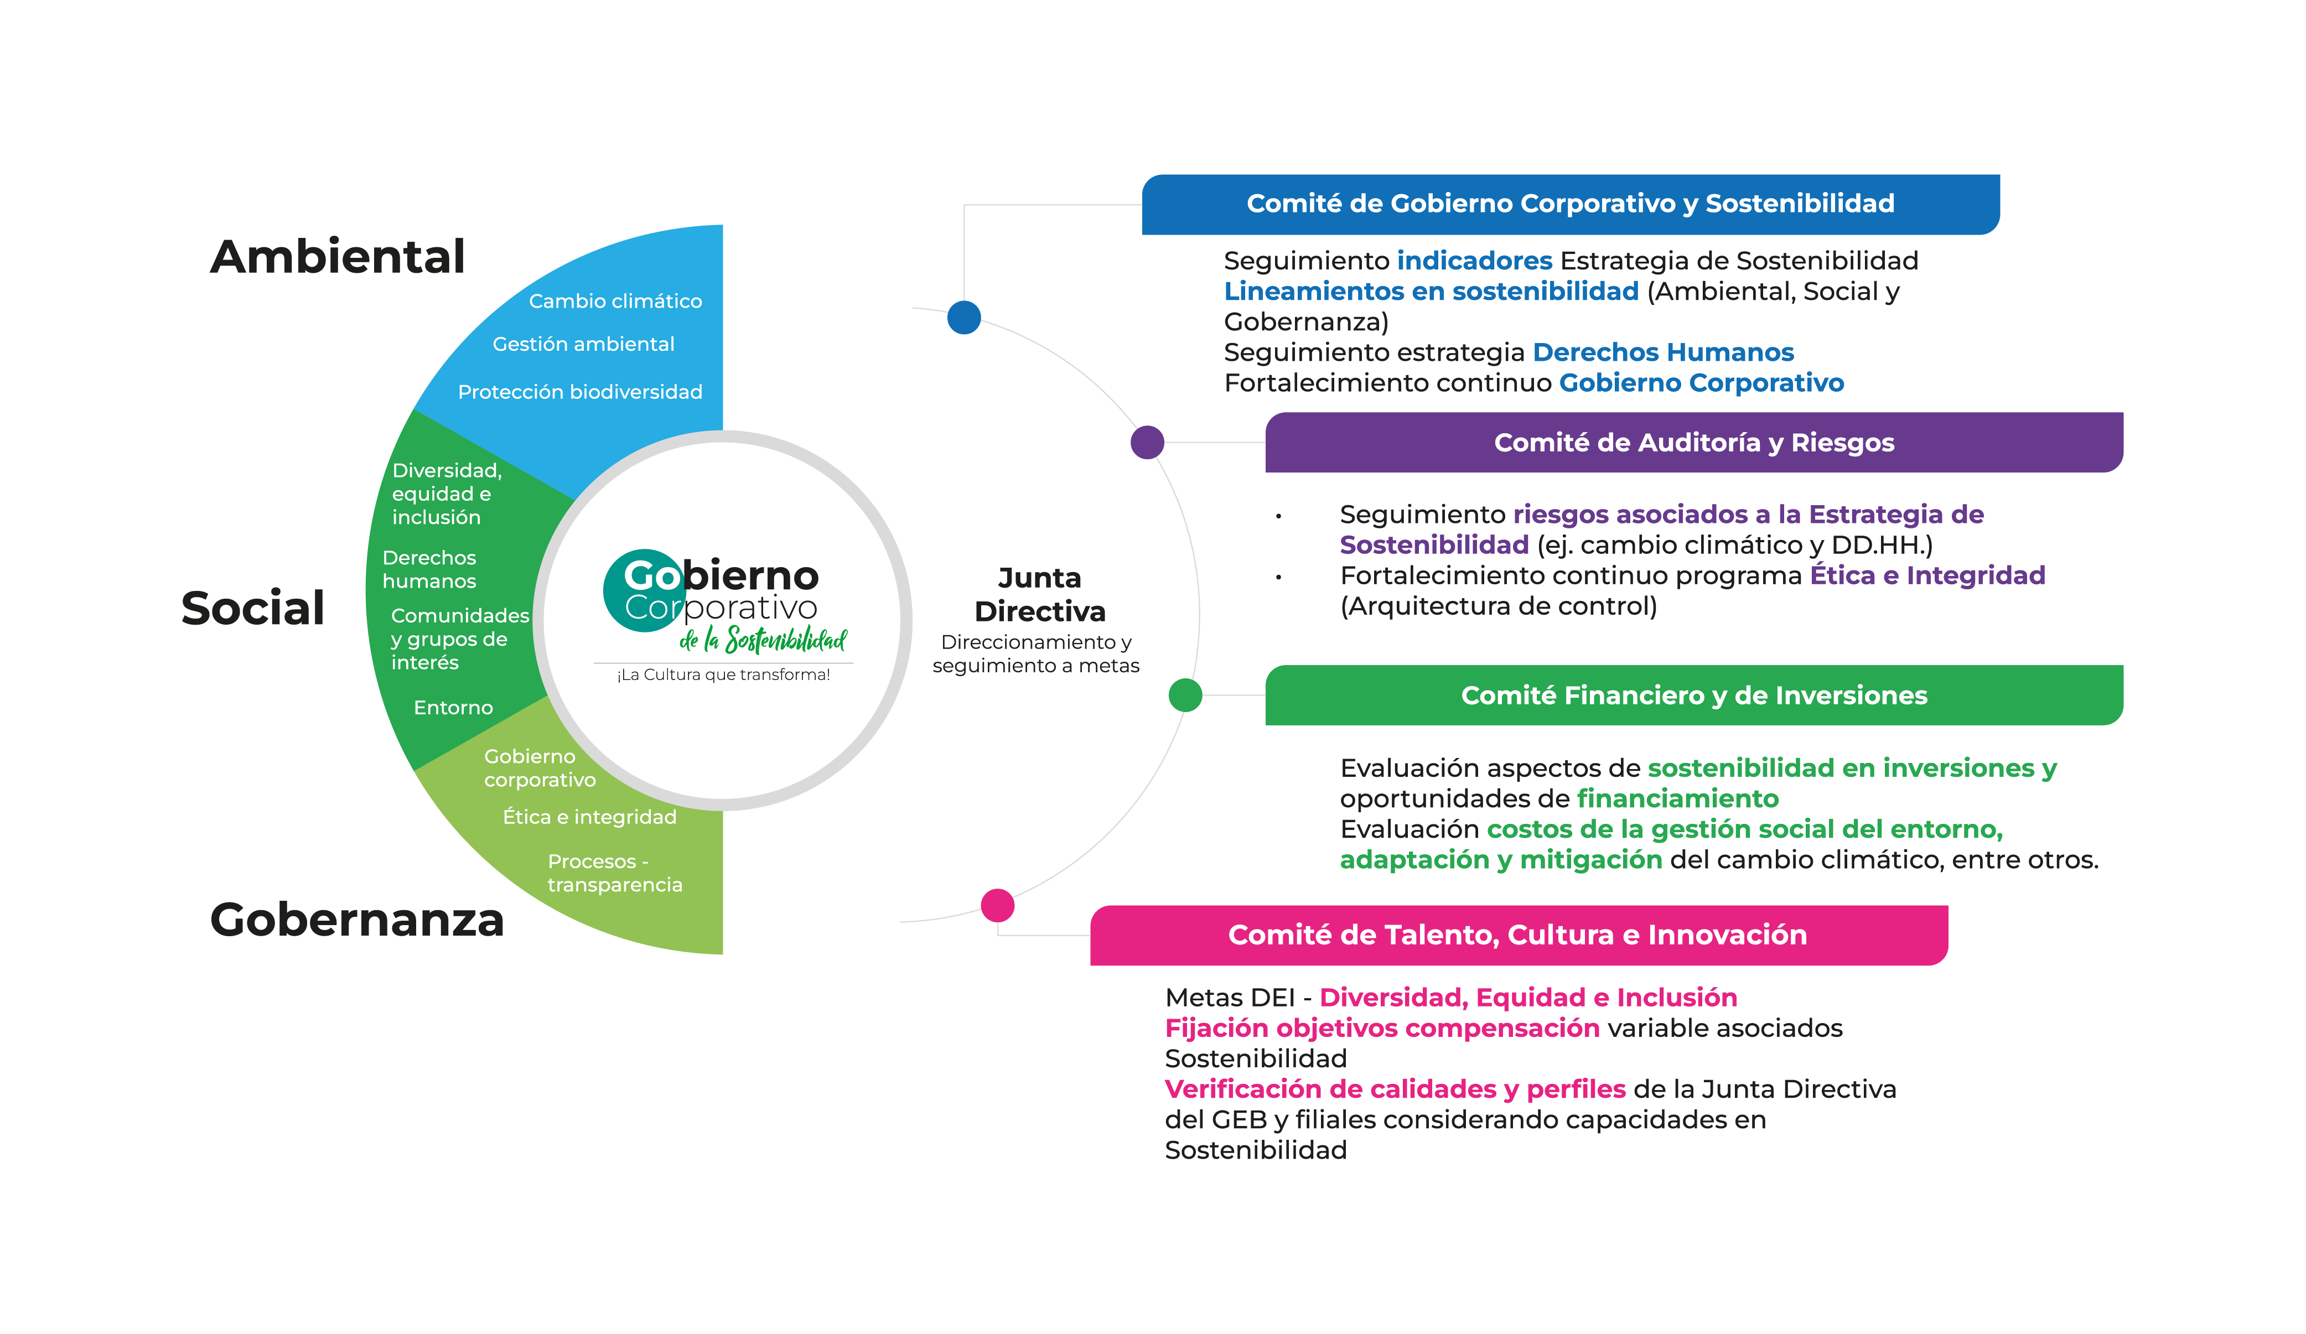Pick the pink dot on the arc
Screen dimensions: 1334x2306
coord(997,905)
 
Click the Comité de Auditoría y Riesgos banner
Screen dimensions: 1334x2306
coord(1693,443)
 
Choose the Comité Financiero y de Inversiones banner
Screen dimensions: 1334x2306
coord(1693,695)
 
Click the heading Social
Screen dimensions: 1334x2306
coord(252,609)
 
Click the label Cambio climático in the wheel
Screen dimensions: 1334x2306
coord(615,301)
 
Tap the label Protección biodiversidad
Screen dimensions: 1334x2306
coord(580,392)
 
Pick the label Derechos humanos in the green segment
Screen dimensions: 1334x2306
coord(429,569)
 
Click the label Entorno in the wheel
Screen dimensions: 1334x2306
coord(453,707)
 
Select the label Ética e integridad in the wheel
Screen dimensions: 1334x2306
coord(589,817)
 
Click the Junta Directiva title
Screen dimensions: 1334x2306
coord(1039,595)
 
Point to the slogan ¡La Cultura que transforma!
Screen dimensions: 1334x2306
coord(723,675)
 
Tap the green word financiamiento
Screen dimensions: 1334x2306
coord(1677,799)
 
